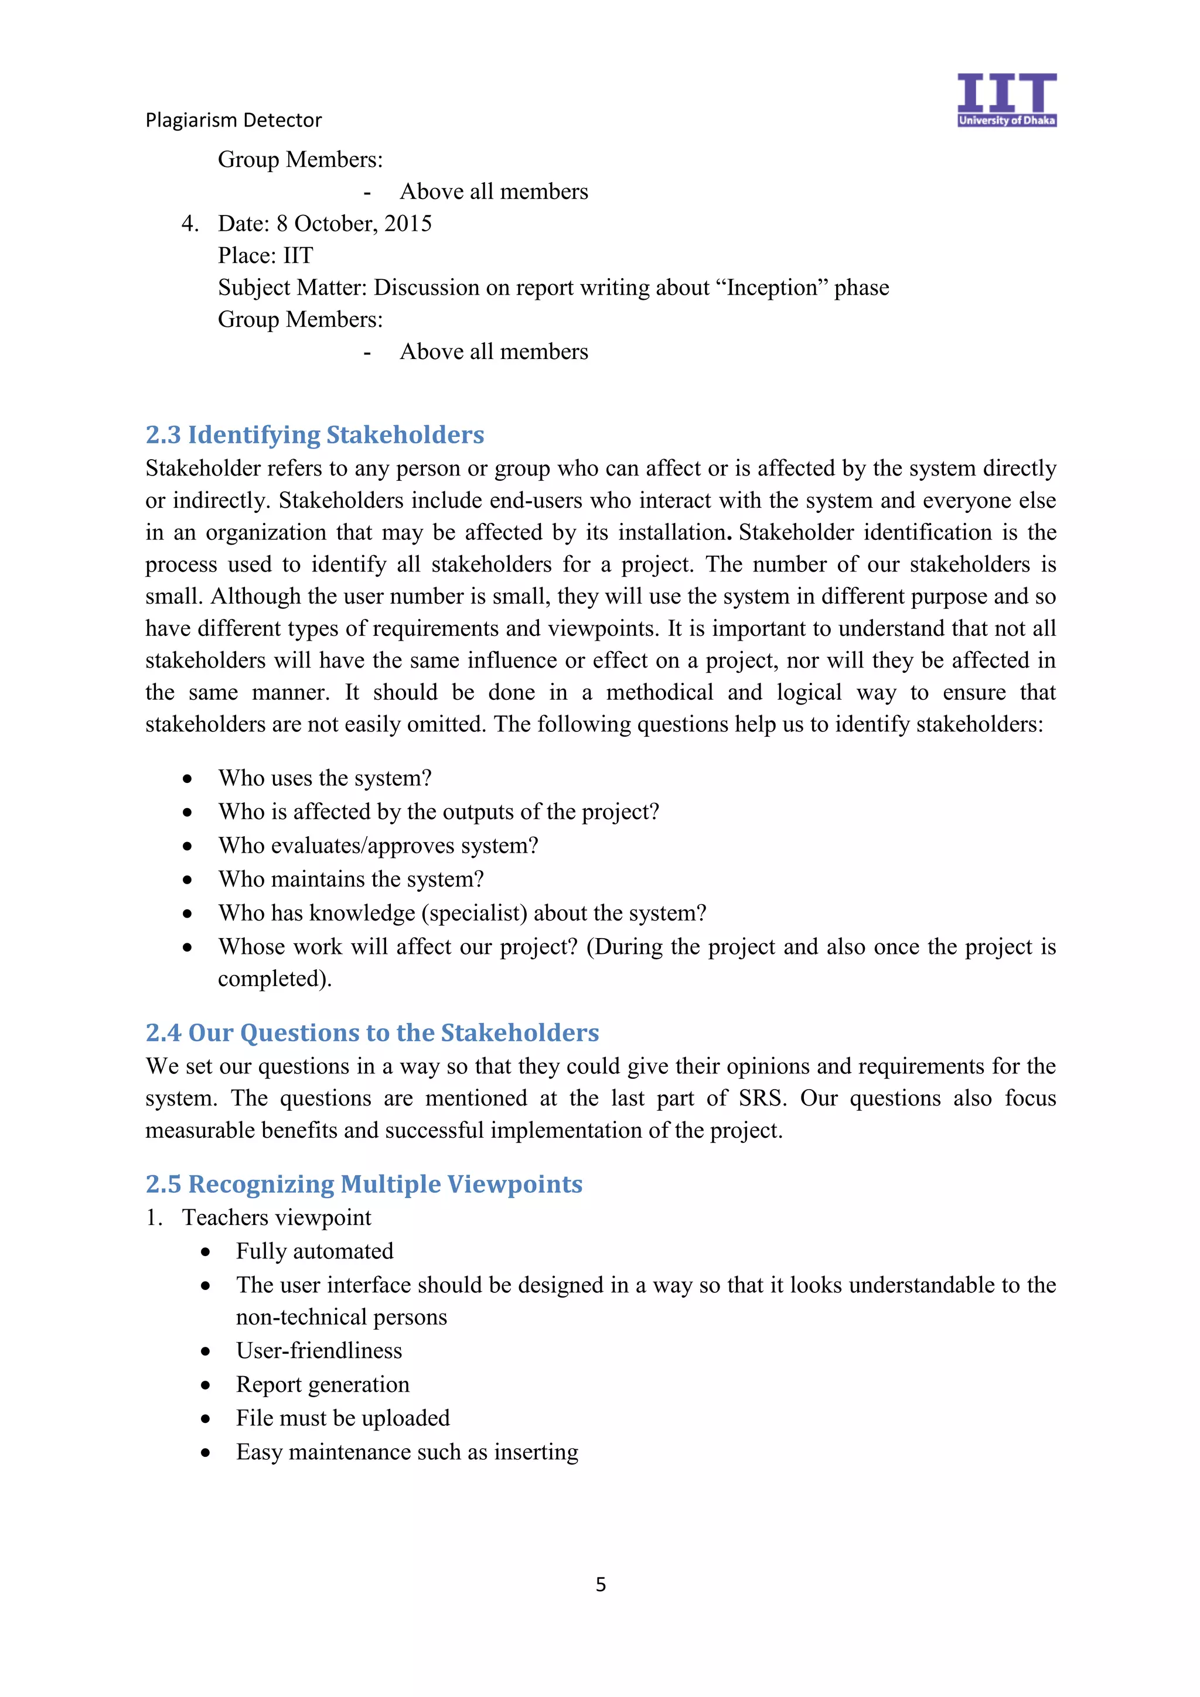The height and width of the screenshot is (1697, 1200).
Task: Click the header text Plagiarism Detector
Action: click(x=234, y=119)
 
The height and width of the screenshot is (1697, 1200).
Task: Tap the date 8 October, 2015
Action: click(x=354, y=223)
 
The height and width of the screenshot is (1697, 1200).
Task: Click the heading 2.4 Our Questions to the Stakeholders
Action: click(x=372, y=1032)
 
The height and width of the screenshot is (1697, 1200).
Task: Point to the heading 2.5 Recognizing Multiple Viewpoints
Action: click(x=364, y=1184)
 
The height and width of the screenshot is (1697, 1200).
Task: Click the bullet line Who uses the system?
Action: click(x=325, y=778)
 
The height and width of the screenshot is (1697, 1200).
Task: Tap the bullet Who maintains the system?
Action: click(x=350, y=880)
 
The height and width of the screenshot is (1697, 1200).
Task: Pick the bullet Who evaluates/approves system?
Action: click(x=378, y=846)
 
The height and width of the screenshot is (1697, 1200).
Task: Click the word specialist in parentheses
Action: click(x=474, y=913)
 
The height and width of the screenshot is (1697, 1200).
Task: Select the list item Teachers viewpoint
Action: click(x=277, y=1218)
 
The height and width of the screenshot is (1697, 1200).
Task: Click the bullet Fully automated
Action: click(x=314, y=1251)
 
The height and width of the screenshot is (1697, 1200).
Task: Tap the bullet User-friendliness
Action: click(x=319, y=1351)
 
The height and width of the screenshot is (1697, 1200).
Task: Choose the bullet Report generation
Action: click(x=322, y=1384)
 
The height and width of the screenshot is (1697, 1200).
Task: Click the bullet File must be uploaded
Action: click(x=342, y=1418)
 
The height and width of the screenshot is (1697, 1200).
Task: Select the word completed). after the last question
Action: click(x=274, y=979)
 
